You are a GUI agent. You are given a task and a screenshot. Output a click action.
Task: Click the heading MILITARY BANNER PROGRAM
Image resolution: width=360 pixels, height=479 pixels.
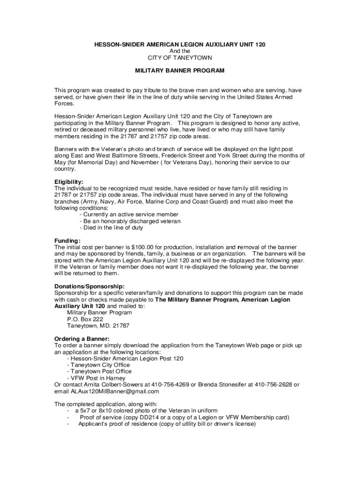180,71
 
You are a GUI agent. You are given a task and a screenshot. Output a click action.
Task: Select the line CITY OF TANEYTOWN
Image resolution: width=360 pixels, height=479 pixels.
180,58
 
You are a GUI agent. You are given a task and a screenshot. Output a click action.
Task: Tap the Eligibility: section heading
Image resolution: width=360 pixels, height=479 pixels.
69,182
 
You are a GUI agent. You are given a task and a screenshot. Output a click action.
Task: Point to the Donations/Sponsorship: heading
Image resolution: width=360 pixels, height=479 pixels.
89,286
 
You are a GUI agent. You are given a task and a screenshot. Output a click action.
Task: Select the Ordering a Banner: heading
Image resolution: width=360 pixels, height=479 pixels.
82,339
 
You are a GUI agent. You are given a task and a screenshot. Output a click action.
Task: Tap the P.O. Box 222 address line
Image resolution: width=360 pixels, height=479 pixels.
85,319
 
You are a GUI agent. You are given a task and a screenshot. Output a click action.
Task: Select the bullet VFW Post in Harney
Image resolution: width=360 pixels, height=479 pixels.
96,378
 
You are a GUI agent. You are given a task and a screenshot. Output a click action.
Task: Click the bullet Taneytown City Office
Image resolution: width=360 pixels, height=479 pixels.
99,365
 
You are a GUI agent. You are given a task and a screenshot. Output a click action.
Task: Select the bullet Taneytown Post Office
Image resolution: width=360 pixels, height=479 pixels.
99,371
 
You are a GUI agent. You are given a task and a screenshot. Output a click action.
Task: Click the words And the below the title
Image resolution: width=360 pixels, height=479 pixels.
180,51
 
